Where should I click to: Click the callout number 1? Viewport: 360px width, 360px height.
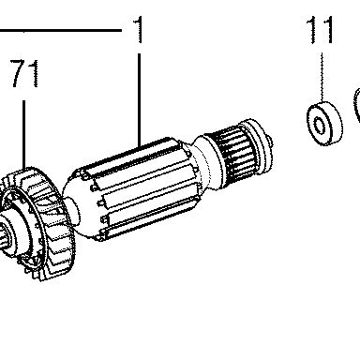pyautogui.click(x=139, y=30)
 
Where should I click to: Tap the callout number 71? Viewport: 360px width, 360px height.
pyautogui.click(x=25, y=73)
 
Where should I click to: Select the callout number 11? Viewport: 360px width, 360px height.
pyautogui.click(x=320, y=30)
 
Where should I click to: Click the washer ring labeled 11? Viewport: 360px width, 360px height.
pyautogui.click(x=324, y=123)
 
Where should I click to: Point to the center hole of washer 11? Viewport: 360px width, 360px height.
pyautogui.click(x=319, y=126)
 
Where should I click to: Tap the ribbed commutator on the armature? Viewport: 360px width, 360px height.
pyautogui.click(x=235, y=154)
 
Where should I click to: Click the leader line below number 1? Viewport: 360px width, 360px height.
pyautogui.click(x=139, y=99)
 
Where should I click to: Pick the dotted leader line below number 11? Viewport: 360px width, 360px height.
pyautogui.click(x=322, y=77)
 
